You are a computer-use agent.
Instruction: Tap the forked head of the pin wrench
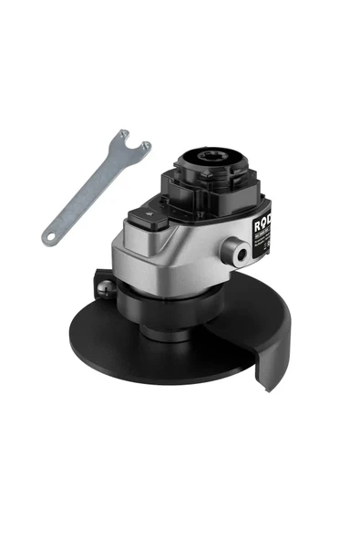[x=128, y=145]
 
